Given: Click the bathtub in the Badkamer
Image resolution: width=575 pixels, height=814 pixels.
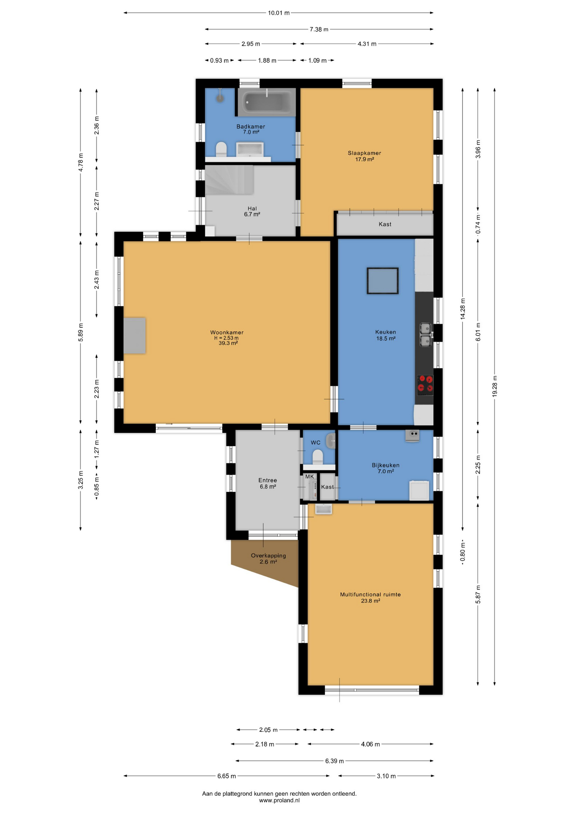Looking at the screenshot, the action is coord(266,102).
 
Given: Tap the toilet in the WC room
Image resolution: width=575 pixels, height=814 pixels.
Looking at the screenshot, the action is coord(318,457).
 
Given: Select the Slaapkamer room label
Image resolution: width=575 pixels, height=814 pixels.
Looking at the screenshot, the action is coord(365,153).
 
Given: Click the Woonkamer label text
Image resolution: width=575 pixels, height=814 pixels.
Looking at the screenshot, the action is coord(227,332).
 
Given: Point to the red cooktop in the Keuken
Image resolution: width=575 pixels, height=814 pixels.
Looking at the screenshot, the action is coord(425,384).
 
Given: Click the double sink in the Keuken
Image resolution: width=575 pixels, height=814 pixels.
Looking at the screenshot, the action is coord(426,335).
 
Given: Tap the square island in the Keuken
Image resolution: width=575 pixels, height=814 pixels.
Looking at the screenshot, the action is coord(383,281).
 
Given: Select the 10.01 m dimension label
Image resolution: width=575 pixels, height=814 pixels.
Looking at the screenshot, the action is coord(279,13).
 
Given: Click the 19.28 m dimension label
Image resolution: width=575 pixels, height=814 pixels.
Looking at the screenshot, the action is coord(495,386).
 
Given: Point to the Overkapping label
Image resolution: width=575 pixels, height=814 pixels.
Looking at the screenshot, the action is coord(268,555).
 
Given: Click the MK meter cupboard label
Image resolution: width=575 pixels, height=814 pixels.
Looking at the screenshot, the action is coord(310,477).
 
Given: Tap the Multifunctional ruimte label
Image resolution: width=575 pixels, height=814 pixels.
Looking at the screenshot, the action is coord(370,594).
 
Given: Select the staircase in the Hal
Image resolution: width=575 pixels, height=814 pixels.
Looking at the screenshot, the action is coord(229,180).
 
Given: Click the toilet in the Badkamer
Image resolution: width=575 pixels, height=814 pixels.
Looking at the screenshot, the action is coord(221,149).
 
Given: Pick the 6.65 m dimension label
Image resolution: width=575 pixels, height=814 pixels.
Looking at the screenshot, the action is coord(227,776).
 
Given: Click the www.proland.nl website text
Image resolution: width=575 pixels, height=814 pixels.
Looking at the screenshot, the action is coord(279,800).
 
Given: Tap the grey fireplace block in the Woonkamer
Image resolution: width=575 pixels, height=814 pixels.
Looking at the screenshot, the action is coord(135,335).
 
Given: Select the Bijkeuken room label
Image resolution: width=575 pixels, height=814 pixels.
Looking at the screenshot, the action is coord(386,465).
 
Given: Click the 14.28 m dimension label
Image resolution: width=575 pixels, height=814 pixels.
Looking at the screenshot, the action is coord(463,309).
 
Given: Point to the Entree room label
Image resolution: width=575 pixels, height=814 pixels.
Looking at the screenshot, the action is coord(268,480).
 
